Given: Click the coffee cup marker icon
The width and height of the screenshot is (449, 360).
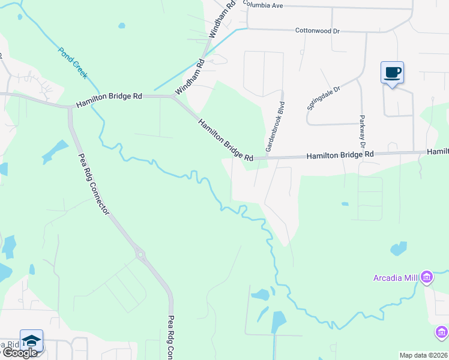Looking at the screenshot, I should point(392,73).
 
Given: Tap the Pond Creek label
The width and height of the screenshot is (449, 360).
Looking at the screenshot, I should point(73,62).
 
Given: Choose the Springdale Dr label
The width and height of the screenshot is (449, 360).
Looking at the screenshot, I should point(324,97).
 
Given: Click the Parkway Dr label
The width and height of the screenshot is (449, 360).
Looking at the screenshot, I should point(362,131).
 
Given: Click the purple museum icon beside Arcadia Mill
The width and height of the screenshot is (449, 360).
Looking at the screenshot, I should point(427,277).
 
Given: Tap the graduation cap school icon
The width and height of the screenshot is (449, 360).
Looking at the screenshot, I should point(31,341).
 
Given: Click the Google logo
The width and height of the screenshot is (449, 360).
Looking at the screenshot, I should point(20,353).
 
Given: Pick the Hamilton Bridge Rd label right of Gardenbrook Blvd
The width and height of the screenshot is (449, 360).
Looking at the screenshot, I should point(340,155).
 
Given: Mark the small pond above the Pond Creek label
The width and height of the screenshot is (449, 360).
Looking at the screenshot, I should point(122,26).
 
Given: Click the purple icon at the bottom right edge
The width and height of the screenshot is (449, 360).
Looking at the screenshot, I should point(442,332).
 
